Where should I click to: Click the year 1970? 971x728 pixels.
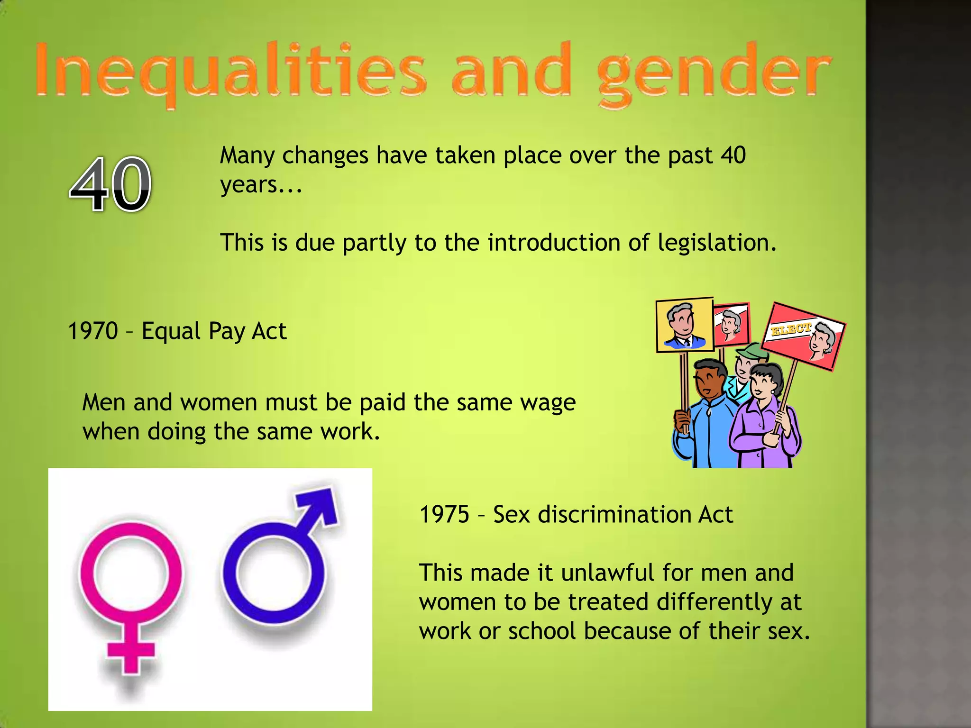coord(93,331)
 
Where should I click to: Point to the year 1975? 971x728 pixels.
coord(444,514)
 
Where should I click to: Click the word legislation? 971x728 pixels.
coord(716,243)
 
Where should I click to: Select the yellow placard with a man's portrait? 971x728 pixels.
coord(685,325)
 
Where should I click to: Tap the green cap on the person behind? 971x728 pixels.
coord(751,351)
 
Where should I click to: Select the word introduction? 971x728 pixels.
coord(554,243)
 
